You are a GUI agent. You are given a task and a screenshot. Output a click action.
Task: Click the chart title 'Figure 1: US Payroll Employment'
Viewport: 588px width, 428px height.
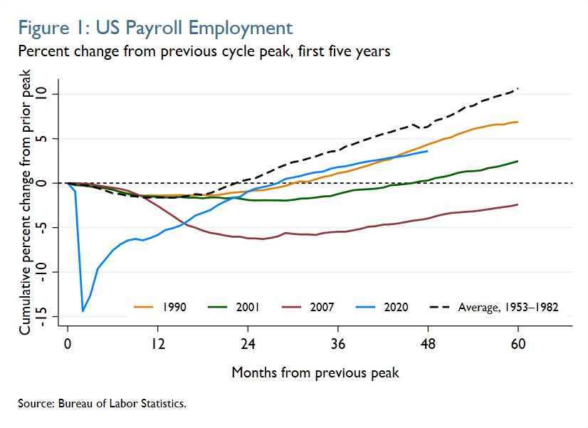pyautogui.click(x=155, y=28)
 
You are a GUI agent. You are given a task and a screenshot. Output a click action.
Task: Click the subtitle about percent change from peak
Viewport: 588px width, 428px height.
pyautogui.click(x=204, y=52)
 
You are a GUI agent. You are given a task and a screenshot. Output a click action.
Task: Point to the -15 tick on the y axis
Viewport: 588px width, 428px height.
pyautogui.click(x=44, y=316)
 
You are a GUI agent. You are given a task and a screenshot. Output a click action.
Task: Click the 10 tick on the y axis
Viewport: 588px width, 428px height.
pyautogui.click(x=44, y=94)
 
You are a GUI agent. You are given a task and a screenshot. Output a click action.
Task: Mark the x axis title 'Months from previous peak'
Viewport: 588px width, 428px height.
pyautogui.click(x=315, y=372)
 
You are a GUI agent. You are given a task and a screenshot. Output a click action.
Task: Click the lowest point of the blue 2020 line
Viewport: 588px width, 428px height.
pyautogui.click(x=83, y=310)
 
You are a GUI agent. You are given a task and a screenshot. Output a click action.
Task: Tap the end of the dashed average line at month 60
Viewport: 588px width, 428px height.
pyautogui.click(x=518, y=88)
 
